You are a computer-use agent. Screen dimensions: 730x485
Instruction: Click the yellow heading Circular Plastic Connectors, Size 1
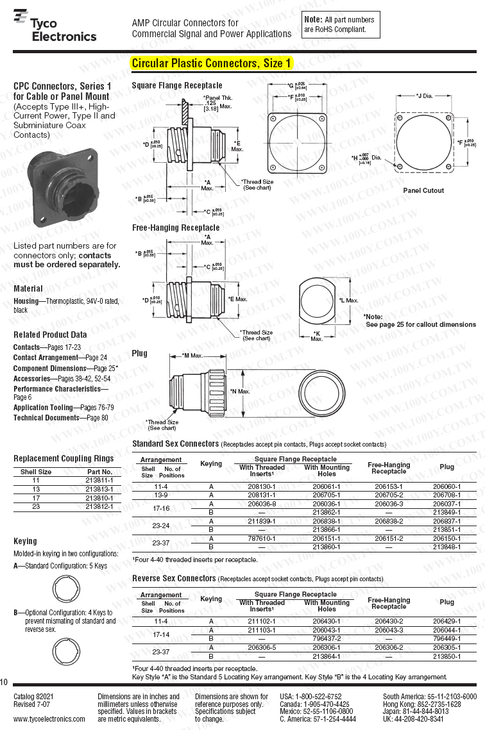pos(212,63)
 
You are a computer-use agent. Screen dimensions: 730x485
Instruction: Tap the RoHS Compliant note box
pos(341,24)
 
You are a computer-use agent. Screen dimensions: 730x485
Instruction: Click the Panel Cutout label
pos(423,190)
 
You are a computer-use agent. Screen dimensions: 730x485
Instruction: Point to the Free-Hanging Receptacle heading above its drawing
pos(175,228)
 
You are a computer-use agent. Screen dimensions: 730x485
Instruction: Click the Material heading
pos(28,288)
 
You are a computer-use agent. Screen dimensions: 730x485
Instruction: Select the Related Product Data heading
pos(50,335)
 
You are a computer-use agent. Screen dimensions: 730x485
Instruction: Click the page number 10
pos(4,682)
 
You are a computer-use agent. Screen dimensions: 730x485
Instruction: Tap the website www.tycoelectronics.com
pos(49,719)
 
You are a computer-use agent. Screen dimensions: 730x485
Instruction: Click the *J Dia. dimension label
pos(424,96)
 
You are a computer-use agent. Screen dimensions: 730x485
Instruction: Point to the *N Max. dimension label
pos(239,391)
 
